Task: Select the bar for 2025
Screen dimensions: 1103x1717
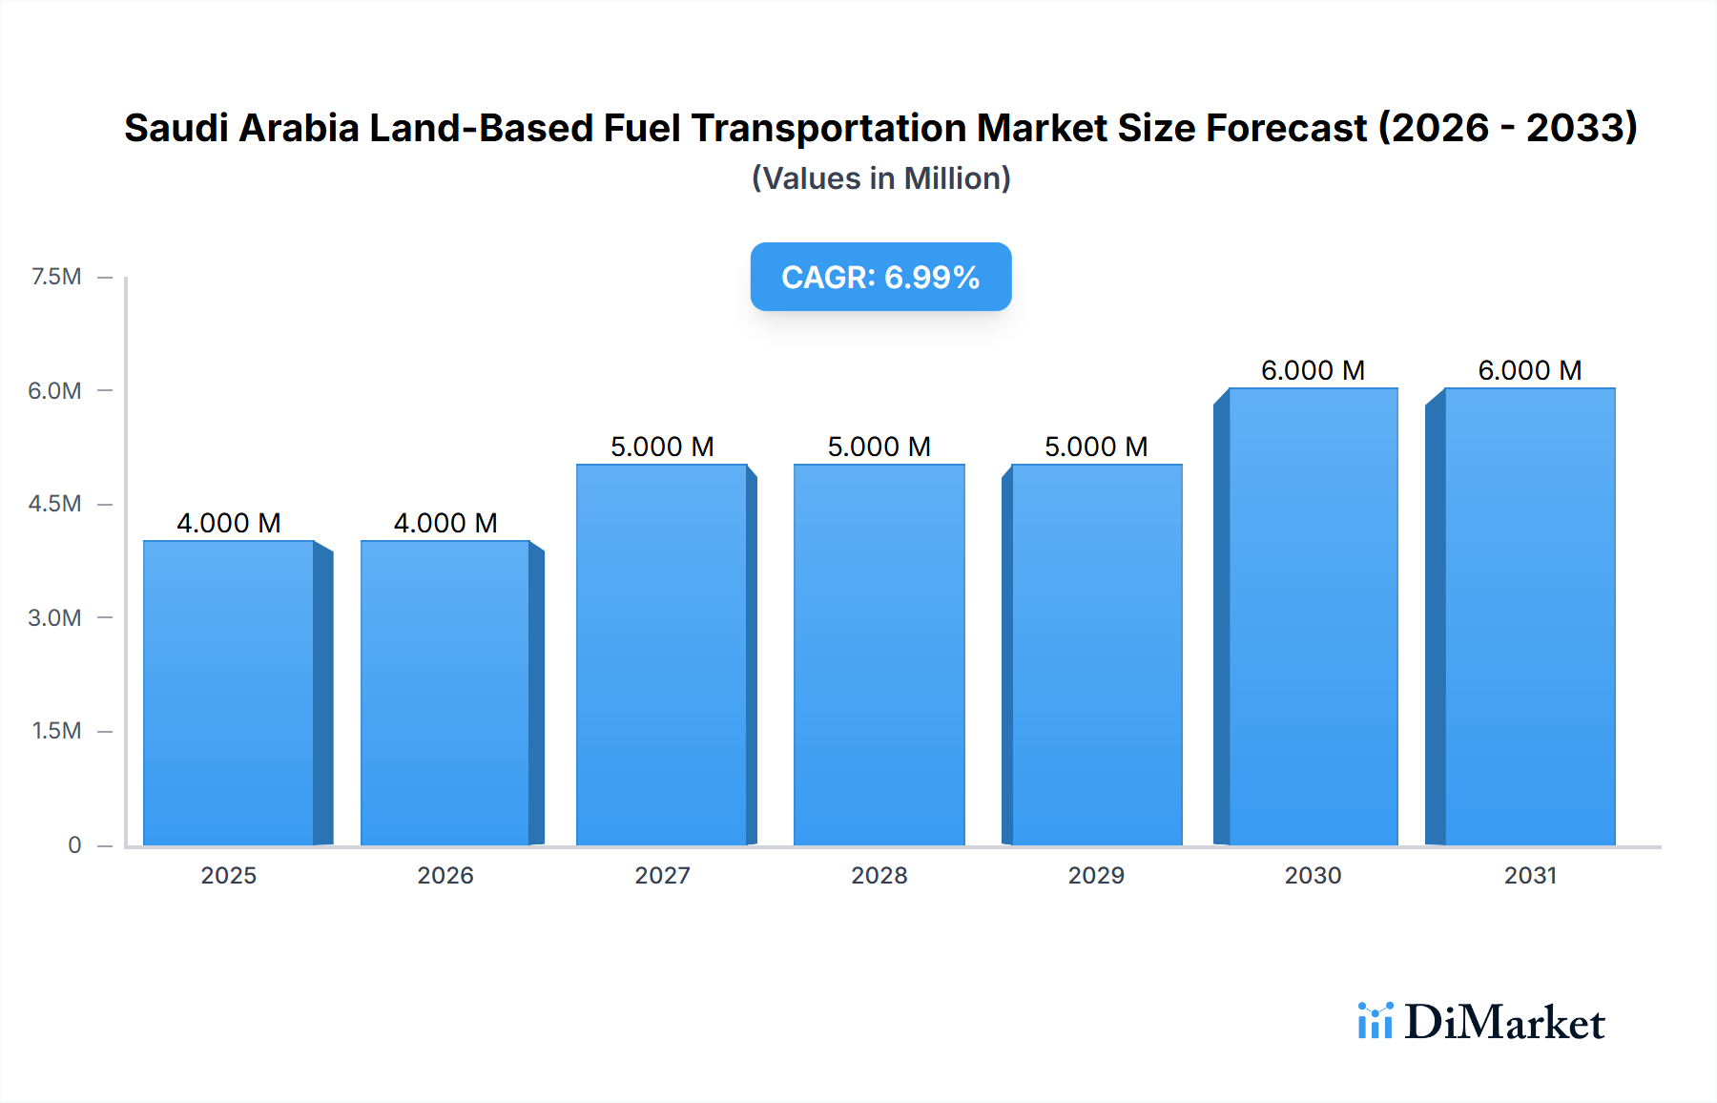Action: click(x=229, y=693)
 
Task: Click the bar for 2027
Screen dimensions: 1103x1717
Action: click(x=662, y=655)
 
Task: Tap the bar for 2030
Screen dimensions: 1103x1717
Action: click(x=1313, y=616)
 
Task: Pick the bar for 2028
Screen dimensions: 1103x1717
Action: click(x=879, y=655)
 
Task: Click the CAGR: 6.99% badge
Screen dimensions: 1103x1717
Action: click(x=880, y=277)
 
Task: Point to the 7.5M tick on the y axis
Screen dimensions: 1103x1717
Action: click(x=56, y=277)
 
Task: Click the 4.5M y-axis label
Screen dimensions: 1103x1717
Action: click(x=54, y=504)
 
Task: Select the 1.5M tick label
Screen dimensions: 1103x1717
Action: click(x=56, y=731)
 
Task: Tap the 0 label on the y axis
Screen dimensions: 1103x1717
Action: click(x=74, y=845)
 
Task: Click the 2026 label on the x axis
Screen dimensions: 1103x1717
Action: click(x=445, y=876)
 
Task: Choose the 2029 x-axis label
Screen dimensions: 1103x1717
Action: click(x=1096, y=876)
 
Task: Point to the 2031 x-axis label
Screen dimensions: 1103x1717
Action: click(x=1530, y=876)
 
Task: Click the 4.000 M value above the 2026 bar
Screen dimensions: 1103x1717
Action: click(x=445, y=523)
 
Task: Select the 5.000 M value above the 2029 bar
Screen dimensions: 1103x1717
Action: click(x=1096, y=447)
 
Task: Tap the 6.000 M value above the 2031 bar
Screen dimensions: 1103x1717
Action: click(x=1530, y=370)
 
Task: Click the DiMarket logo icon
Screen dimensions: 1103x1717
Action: click(x=1375, y=1021)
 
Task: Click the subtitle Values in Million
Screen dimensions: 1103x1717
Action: click(x=880, y=178)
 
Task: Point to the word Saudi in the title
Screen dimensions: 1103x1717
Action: click(x=175, y=128)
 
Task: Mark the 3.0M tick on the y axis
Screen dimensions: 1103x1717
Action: click(x=54, y=617)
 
